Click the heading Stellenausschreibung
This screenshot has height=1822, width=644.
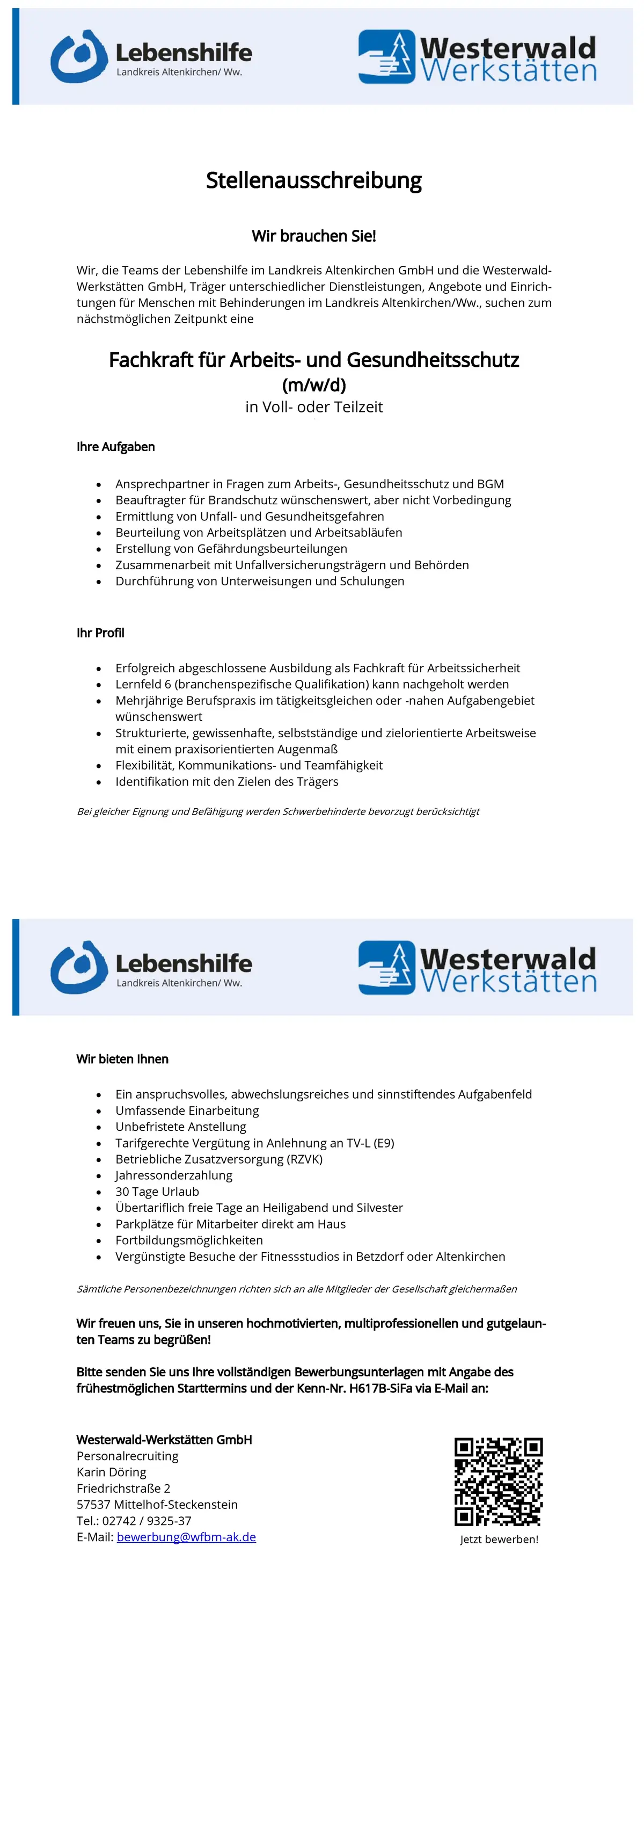[313, 180]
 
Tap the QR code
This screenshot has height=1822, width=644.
[499, 1481]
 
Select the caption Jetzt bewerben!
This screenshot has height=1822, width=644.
[499, 1539]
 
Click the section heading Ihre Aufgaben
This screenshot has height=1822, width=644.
[115, 446]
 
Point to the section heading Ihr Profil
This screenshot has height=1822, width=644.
[100, 633]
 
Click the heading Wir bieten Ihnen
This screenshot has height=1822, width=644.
[122, 1059]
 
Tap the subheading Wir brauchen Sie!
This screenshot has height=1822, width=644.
[313, 236]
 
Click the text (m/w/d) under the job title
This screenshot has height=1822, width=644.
[313, 385]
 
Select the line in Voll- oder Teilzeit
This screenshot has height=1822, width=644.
[313, 406]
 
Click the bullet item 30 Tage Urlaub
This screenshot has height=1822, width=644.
[157, 1191]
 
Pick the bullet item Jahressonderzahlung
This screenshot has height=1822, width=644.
[173, 1175]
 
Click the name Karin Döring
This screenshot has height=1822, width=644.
[111, 1472]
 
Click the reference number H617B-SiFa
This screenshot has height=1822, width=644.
[380, 1388]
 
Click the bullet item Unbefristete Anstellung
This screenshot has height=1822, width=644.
[180, 1127]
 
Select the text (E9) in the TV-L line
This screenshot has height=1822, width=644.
[383, 1143]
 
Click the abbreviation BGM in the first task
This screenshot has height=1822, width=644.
[490, 484]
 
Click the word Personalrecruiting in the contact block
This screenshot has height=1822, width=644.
[127, 1456]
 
